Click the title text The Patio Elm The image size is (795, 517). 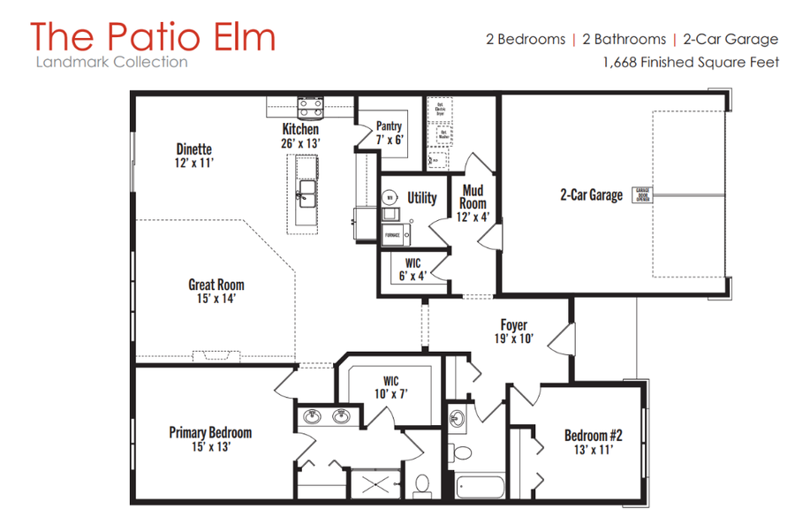[x=152, y=36]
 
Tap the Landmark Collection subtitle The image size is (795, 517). [x=111, y=62]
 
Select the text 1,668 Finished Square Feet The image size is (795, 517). [x=691, y=62]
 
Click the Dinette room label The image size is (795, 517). [x=193, y=149]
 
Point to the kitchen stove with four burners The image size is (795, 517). [x=309, y=108]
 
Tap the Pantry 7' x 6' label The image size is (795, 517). [x=390, y=133]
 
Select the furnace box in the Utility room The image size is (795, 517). [x=391, y=234]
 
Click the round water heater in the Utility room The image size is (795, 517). [x=390, y=199]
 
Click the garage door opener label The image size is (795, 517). [x=642, y=195]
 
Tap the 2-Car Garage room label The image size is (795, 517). [x=591, y=195]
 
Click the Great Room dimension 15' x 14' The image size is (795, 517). [x=216, y=299]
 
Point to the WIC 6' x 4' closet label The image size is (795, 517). [x=413, y=269]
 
